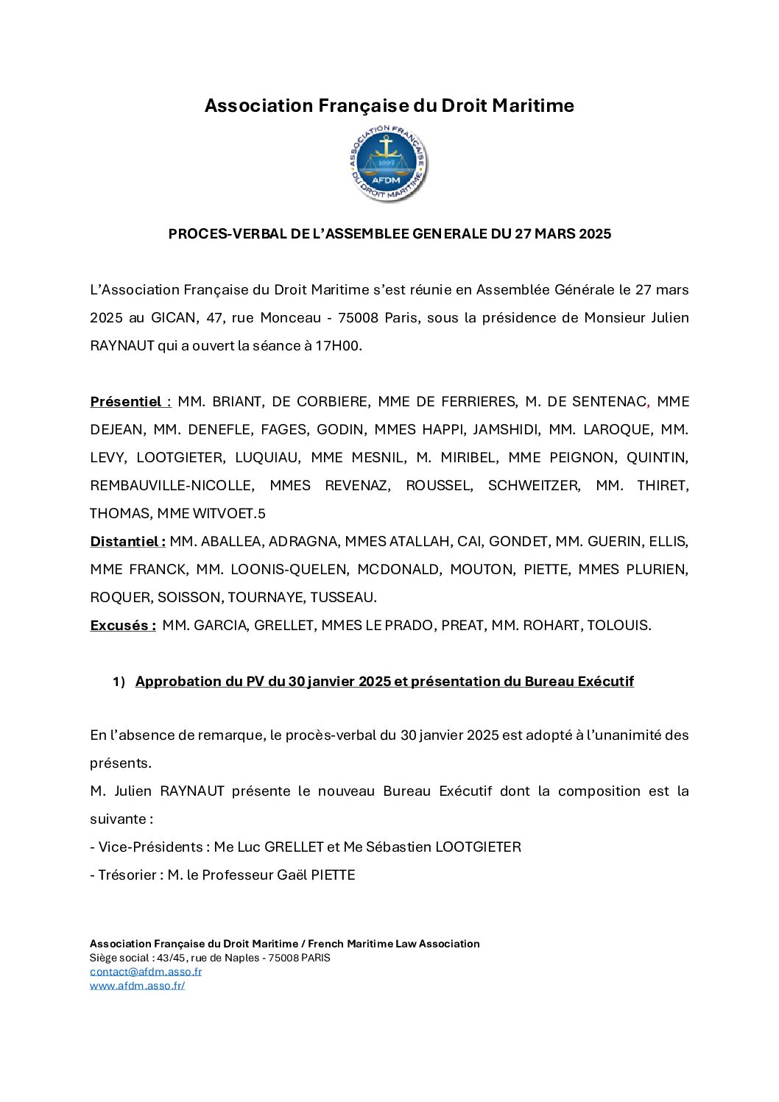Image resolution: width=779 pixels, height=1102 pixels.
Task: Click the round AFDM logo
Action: click(x=389, y=163)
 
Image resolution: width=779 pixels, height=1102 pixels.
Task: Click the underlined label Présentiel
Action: click(x=126, y=402)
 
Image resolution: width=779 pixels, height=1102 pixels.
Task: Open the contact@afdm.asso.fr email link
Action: click(x=146, y=972)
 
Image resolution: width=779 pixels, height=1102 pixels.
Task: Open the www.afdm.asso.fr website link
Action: click(x=138, y=986)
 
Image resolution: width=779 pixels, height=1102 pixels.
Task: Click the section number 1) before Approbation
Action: click(x=119, y=682)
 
